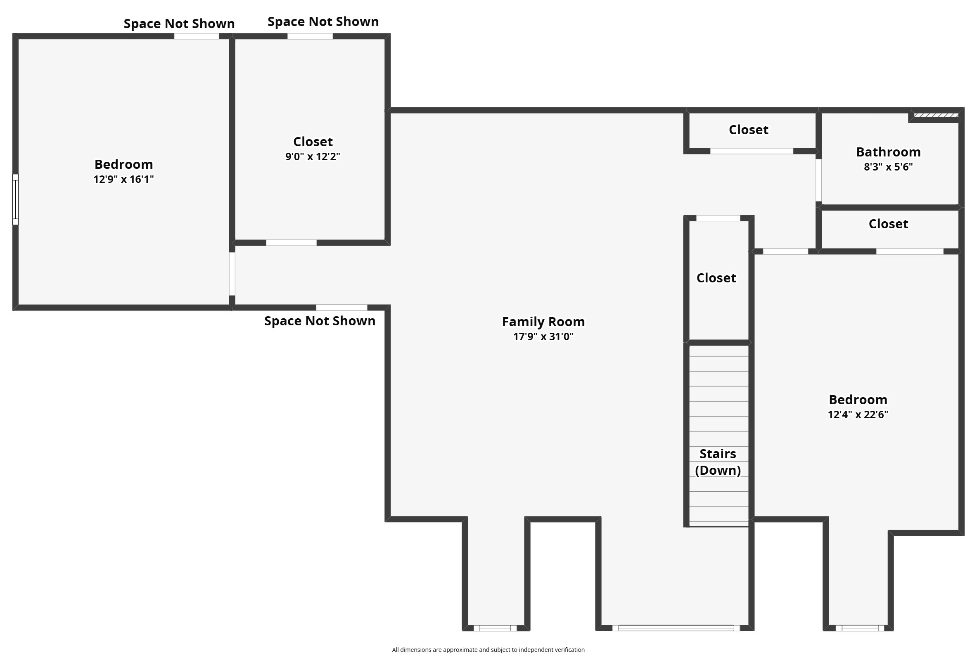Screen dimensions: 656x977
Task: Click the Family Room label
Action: click(543, 322)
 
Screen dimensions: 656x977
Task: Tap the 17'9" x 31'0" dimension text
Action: click(543, 336)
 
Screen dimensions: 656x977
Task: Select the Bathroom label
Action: click(888, 152)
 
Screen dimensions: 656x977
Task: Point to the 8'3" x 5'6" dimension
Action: click(888, 167)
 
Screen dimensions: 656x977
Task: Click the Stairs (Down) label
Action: click(718, 462)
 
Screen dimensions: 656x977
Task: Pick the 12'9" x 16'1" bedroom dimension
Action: click(123, 180)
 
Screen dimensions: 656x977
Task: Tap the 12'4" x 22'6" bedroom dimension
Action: click(858, 414)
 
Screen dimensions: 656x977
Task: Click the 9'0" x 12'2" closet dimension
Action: click(313, 156)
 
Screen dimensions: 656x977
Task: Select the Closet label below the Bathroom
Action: click(888, 224)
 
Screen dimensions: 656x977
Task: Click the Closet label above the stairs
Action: click(716, 278)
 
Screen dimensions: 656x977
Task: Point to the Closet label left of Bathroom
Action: click(748, 130)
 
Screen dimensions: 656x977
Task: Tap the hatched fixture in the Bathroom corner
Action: click(936, 115)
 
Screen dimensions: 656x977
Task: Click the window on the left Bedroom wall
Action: click(15, 199)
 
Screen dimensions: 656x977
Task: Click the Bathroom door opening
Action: click(818, 180)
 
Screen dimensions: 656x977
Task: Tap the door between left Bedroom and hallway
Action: click(232, 274)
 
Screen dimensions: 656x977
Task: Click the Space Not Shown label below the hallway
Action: click(320, 321)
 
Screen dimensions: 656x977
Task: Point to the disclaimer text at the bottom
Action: click(488, 650)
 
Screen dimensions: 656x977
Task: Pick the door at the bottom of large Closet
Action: click(291, 243)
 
